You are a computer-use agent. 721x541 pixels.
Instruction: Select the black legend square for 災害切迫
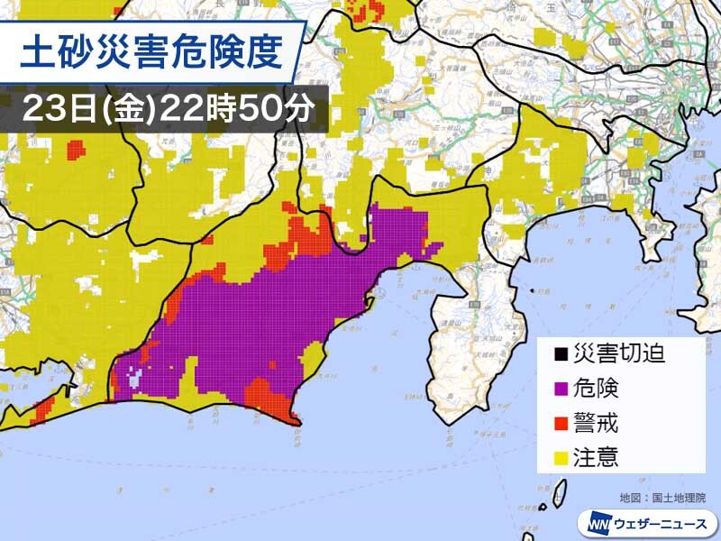[560, 353]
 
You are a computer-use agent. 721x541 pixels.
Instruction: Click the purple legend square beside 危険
[560, 389]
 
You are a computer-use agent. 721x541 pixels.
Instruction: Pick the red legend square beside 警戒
[560, 422]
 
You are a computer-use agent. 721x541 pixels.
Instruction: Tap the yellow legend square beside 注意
[560, 456]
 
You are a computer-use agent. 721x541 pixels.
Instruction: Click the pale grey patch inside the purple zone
[135, 380]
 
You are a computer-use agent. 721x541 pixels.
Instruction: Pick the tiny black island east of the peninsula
[533, 290]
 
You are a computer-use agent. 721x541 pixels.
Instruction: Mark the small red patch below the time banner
[76, 149]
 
